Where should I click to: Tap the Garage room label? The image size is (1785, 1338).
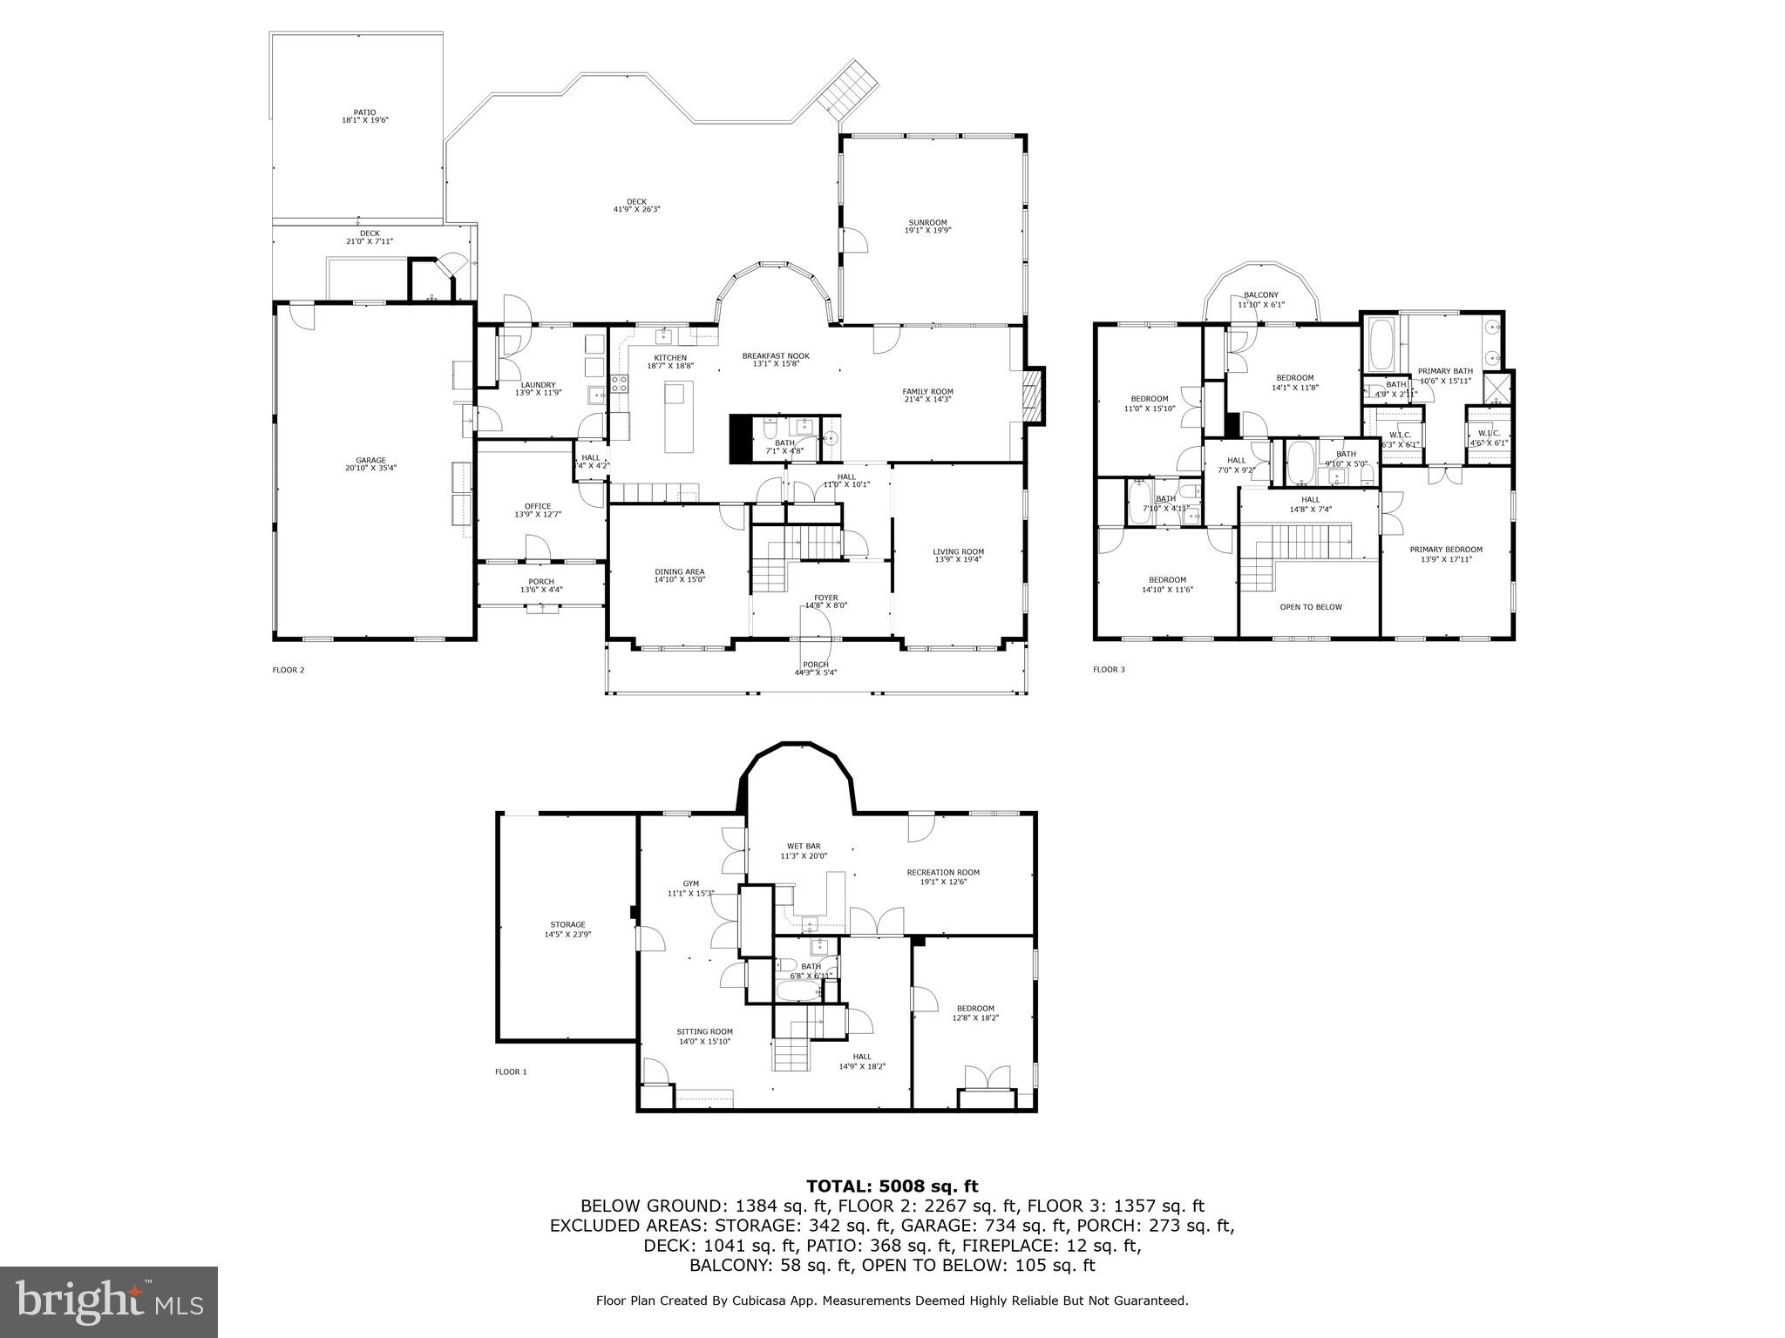(x=370, y=464)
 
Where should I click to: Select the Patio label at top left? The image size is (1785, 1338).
(x=364, y=116)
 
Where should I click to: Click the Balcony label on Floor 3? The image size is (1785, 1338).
(x=1261, y=299)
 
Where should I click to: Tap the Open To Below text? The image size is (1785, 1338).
(x=1310, y=607)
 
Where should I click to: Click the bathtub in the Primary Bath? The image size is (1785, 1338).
(x=1381, y=346)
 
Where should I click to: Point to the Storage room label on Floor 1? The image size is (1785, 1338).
(x=567, y=929)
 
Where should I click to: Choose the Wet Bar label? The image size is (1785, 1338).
(x=803, y=850)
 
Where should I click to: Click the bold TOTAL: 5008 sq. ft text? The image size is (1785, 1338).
(x=892, y=1186)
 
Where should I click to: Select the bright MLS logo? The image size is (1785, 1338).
(x=109, y=1301)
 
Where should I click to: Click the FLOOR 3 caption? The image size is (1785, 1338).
(x=1109, y=669)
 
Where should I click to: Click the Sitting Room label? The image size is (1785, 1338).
(x=705, y=1036)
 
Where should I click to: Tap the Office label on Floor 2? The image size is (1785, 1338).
(x=538, y=510)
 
